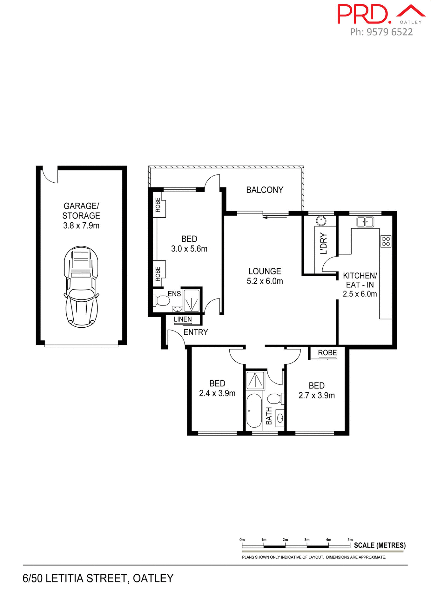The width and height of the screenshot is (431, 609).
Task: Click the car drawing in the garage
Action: pos(81,287)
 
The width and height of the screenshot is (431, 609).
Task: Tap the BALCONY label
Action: pos(265,190)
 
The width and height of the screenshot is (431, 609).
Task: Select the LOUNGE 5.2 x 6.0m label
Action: pos(265,276)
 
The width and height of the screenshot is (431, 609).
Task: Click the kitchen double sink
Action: pos(365,222)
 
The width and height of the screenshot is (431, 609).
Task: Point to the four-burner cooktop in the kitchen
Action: pos(386,241)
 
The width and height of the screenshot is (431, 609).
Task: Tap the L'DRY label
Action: pos(324,244)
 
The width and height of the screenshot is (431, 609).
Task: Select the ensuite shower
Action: pos(192,300)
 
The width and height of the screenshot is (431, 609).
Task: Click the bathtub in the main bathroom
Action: pos(254,410)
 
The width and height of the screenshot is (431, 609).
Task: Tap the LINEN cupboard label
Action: pos(183,319)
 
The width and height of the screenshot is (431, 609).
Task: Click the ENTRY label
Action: pos(196,332)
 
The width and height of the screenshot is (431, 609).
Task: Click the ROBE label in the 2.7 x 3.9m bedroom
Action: pos(327,353)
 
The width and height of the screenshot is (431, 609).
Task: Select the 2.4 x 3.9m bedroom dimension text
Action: pos(217,394)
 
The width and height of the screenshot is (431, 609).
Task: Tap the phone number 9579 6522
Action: pos(389,32)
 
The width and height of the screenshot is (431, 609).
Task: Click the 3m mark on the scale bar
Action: pos(307,540)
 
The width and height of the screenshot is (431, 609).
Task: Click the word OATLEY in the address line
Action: pos(153,578)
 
